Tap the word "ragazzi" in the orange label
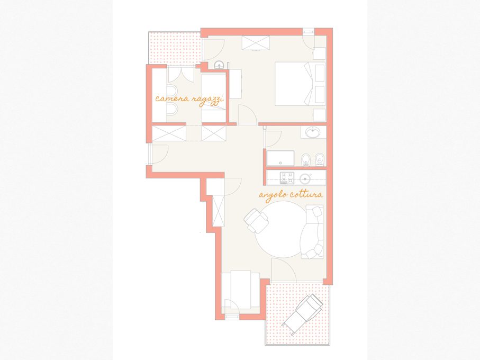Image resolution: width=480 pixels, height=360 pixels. tap(208, 100)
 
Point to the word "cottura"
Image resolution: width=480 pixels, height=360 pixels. tap(306, 194)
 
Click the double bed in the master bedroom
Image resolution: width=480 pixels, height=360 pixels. tap(300, 84)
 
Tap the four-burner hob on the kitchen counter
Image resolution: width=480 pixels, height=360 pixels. tap(287, 178)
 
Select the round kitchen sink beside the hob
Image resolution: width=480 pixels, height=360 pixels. tap(305, 178)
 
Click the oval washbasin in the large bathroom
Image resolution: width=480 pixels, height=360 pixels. tap(313, 132)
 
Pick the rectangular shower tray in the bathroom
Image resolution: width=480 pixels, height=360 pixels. tap(280, 158)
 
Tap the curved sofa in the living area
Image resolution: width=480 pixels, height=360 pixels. tap(312, 232)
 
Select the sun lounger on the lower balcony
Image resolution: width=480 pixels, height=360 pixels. tap(303, 314)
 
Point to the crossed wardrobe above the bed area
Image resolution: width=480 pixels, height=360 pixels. tap(256, 42)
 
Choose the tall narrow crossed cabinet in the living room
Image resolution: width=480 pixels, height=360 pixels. tap(218, 210)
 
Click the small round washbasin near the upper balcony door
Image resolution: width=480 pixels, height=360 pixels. tap(219, 65)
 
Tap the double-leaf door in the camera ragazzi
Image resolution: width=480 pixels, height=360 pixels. tap(180, 75)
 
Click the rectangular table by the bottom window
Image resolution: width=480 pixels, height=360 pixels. tap(241, 290)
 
